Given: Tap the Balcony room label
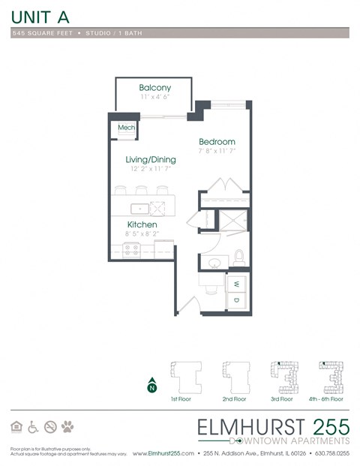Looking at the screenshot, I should pos(154,88).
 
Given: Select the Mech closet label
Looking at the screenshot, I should pos(126,128).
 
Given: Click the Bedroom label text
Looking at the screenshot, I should pos(217,142).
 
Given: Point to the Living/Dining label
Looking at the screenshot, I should pos(150,159).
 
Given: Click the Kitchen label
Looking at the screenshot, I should pos(141,224).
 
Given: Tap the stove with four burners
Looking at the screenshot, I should pos(132,251).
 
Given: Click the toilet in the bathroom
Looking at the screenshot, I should pos(239,258).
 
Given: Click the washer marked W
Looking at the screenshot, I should pos(237,284).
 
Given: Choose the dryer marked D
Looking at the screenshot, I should pos(237,300).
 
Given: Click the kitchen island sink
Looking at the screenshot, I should pos(139,208).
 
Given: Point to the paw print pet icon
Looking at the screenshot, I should pos(67,427).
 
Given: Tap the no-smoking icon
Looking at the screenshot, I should pos(50,427).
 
